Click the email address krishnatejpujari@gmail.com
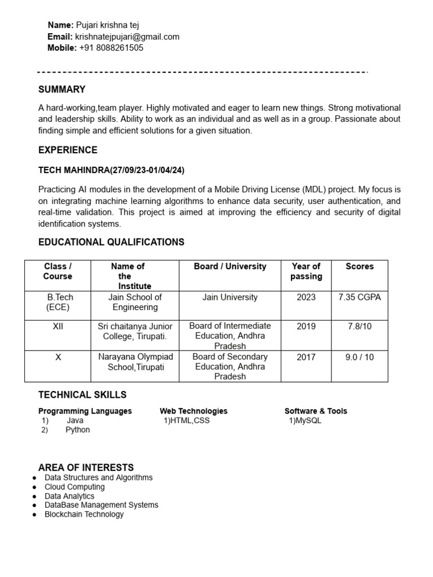(x=127, y=37)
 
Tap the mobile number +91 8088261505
(x=111, y=48)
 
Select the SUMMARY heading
(x=62, y=89)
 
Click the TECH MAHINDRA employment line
(x=112, y=170)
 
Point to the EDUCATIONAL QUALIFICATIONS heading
(x=111, y=242)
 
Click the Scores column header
(x=359, y=267)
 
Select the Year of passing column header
(x=306, y=271)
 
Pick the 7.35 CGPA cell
(x=359, y=298)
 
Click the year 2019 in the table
(x=306, y=326)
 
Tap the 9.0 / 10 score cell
(x=359, y=357)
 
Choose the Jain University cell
(x=230, y=298)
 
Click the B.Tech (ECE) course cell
(x=59, y=302)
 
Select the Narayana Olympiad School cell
(x=135, y=362)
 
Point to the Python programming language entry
(x=77, y=429)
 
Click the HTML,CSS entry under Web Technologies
(x=187, y=420)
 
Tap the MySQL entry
(x=305, y=420)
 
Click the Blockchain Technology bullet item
(x=84, y=514)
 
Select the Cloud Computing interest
(x=74, y=487)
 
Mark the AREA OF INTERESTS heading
(x=86, y=468)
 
